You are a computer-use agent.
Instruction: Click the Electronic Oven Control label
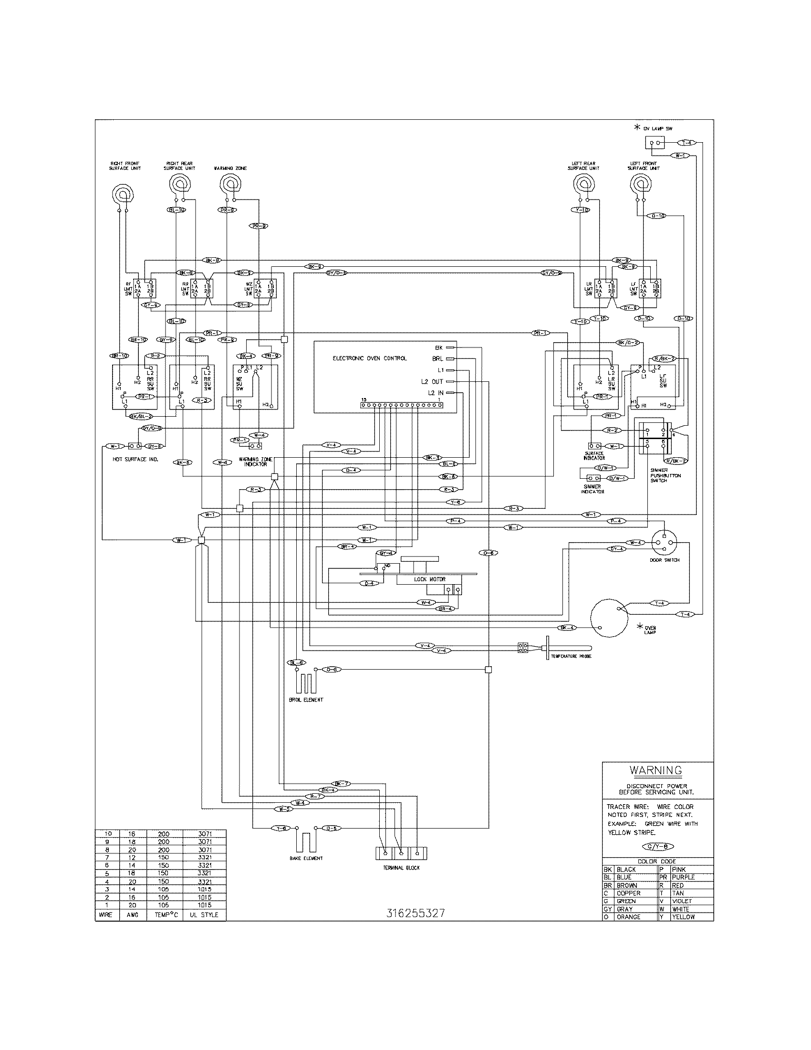click(x=369, y=358)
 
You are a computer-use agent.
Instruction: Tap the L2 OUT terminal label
click(x=431, y=381)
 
